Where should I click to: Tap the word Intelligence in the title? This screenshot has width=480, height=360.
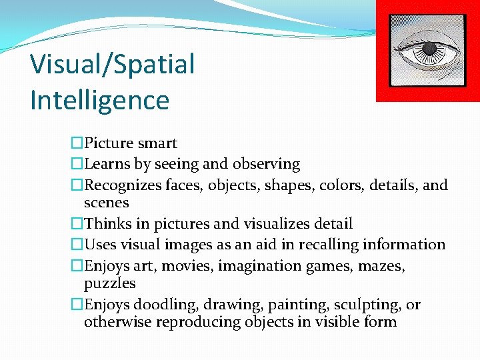(x=99, y=100)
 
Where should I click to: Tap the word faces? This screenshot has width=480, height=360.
(x=183, y=185)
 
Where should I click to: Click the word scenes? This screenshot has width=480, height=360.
(x=106, y=203)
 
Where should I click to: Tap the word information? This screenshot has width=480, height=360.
(x=414, y=245)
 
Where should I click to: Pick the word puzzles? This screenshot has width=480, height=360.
(x=109, y=283)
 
